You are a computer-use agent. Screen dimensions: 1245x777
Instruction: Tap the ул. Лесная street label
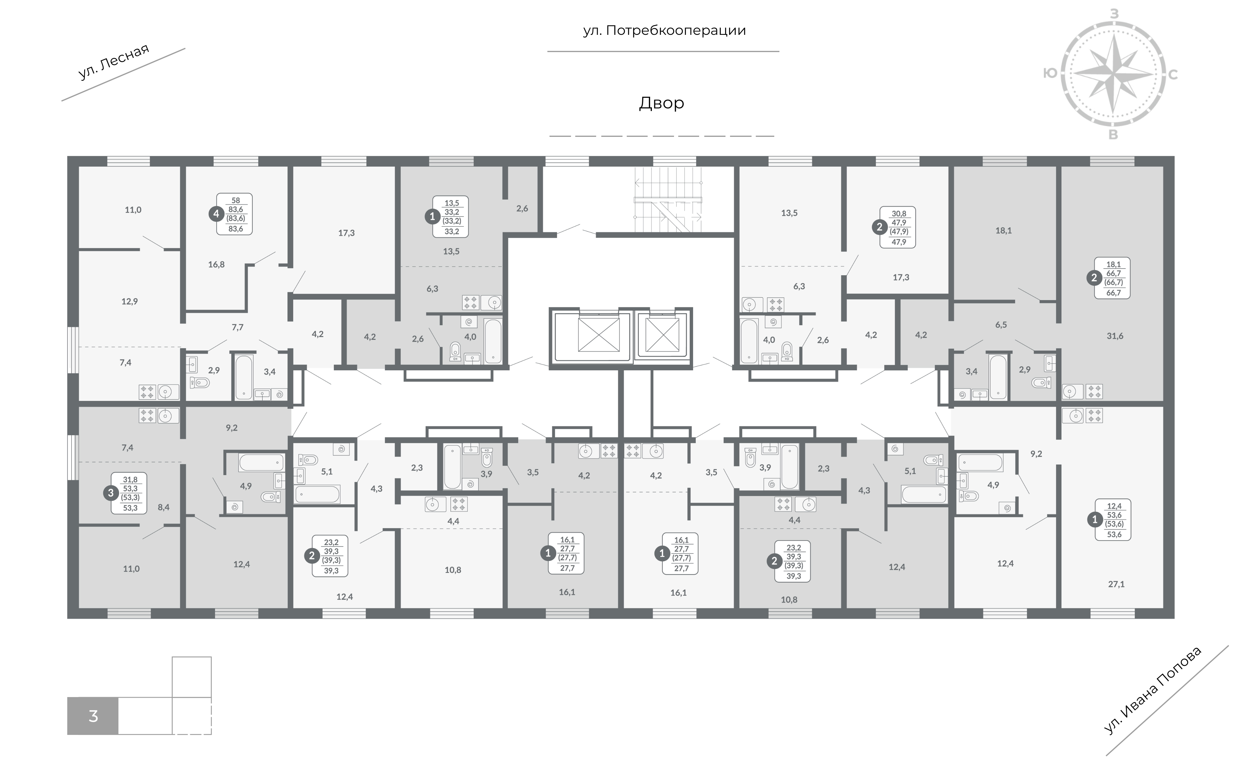[x=114, y=62]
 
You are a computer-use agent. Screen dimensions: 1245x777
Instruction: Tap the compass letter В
[x=1114, y=135]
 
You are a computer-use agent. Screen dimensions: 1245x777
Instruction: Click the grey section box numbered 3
[x=93, y=716]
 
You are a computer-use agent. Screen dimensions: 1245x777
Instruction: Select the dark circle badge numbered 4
[x=216, y=214]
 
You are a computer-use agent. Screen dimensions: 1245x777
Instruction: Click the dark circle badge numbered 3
[x=111, y=493]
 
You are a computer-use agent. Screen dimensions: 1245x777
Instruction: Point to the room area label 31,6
[x=1115, y=336]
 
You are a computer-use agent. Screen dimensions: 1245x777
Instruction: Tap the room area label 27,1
[x=1116, y=584]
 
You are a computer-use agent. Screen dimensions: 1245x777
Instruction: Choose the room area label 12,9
[x=130, y=302]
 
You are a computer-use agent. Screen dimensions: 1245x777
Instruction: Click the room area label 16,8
[x=216, y=265]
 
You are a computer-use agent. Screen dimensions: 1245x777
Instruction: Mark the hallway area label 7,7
[x=237, y=327]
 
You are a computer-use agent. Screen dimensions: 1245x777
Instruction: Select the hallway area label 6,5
[x=1001, y=325]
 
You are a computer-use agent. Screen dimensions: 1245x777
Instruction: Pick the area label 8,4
[x=164, y=507]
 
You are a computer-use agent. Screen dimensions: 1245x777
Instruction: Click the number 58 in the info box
[x=236, y=201]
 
